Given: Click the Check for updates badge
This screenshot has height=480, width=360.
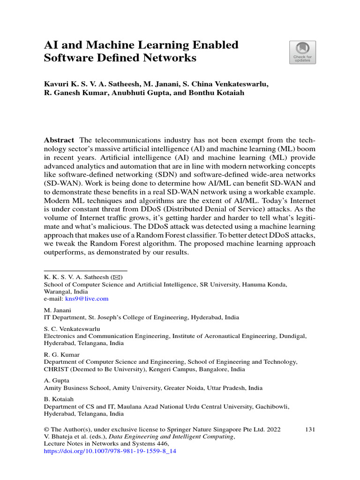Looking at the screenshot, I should [302, 52].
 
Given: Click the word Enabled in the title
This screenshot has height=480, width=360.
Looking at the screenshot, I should [215, 45].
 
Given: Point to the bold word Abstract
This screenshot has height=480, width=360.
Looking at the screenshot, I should [59, 140].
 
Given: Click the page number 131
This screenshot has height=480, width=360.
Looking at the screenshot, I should [310, 429].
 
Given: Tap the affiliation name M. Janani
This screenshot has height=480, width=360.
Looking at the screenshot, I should [57, 310].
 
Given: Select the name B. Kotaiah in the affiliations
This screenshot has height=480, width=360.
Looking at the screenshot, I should [58, 399].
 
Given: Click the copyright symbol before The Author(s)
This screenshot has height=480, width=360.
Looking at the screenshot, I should [46, 429].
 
